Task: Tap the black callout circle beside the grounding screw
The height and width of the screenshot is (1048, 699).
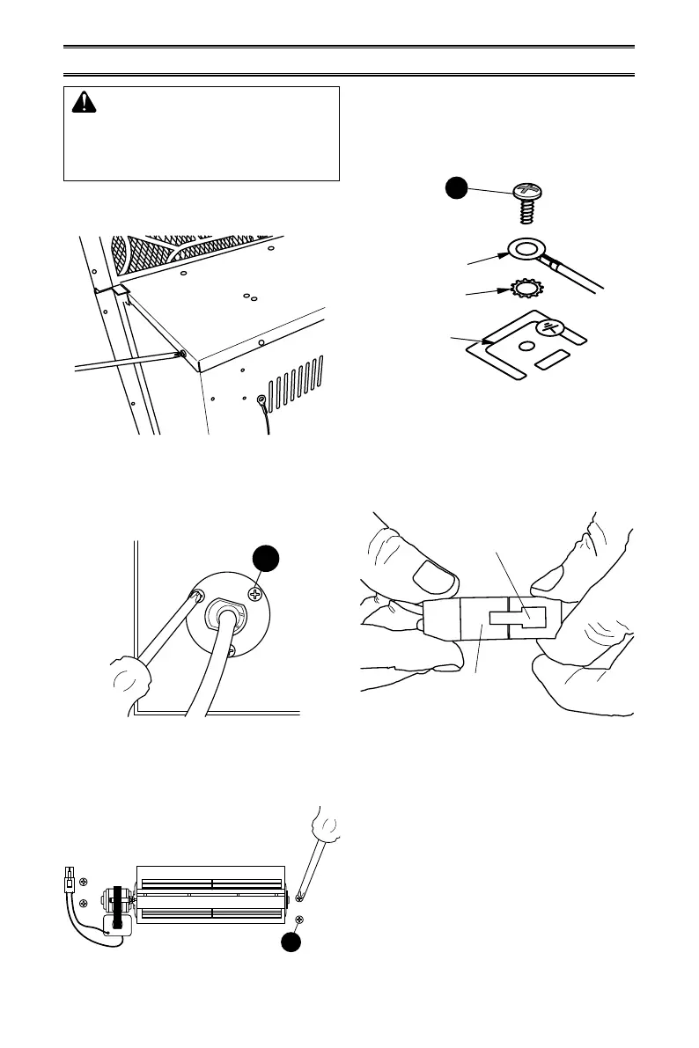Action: pos(454,190)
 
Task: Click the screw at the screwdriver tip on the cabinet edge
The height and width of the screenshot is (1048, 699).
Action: pos(182,355)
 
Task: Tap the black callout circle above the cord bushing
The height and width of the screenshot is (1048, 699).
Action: pos(265,557)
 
